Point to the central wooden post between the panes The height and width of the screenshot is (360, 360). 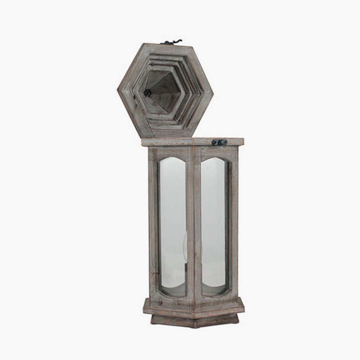point(195,223)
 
